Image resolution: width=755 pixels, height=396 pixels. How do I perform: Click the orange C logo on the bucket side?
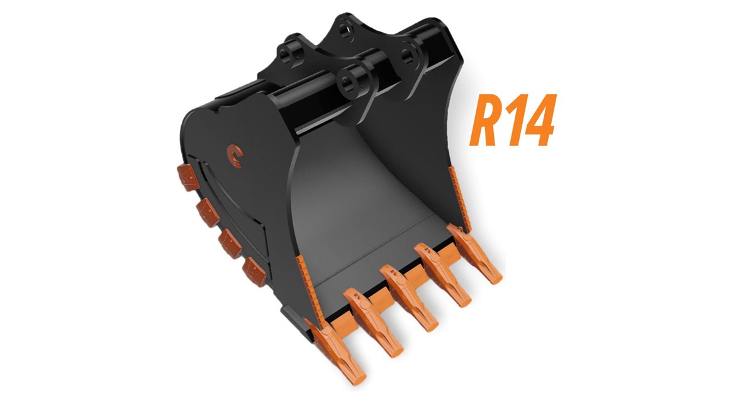point(233,154)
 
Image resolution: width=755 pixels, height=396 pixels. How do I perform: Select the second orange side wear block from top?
point(207,210)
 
